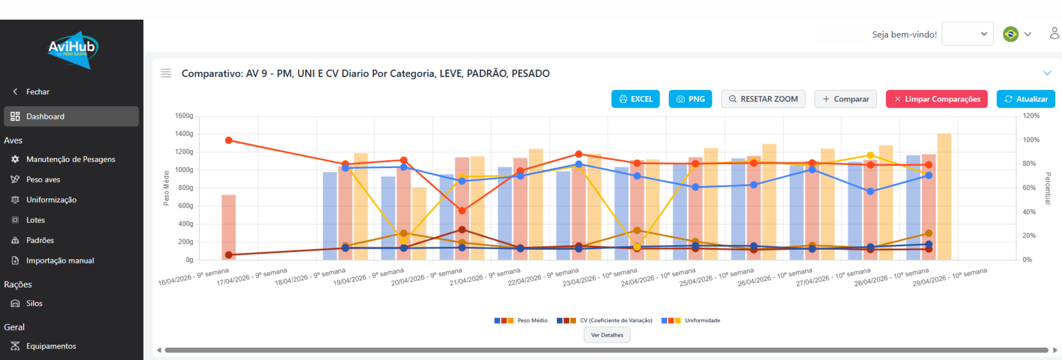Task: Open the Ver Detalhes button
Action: click(607, 335)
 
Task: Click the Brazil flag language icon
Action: click(1010, 34)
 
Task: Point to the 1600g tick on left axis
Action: click(184, 116)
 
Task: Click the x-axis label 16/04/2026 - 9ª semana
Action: click(193, 277)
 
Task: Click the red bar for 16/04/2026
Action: click(228, 227)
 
